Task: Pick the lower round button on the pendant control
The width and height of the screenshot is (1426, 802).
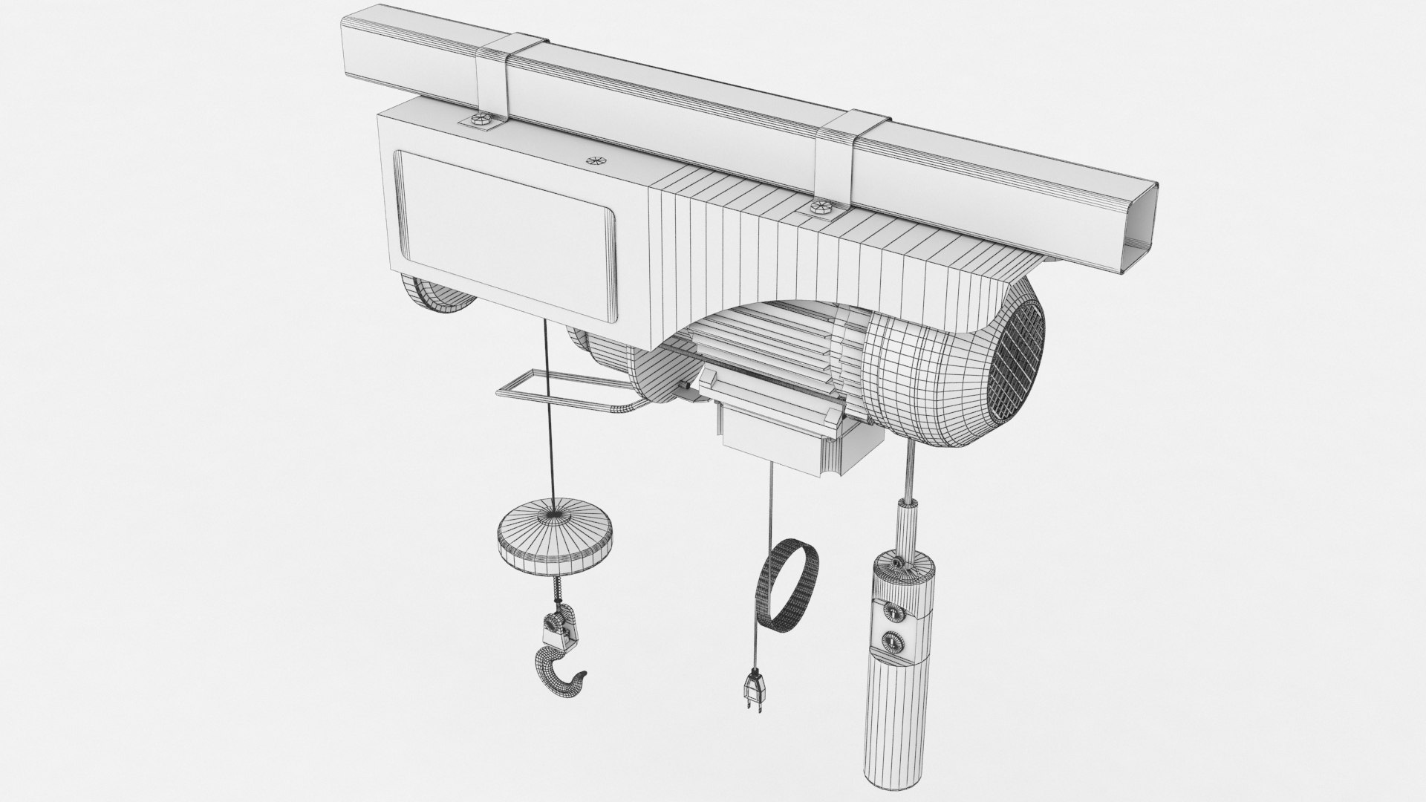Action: pos(888,640)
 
